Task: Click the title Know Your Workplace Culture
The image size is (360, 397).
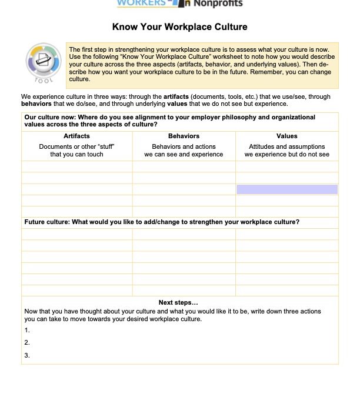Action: (x=179, y=27)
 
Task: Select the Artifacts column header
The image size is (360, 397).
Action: (x=76, y=136)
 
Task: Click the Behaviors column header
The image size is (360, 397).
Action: (x=184, y=136)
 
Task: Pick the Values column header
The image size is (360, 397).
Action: (x=286, y=136)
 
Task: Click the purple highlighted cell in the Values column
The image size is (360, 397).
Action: (x=287, y=189)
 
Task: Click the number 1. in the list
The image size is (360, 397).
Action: (x=27, y=330)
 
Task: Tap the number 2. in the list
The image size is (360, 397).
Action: (x=27, y=342)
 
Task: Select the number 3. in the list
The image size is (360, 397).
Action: (x=27, y=355)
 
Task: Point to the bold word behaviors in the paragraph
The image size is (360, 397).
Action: (x=36, y=104)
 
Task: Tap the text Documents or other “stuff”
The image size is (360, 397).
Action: (x=76, y=146)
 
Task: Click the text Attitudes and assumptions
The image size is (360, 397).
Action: (x=286, y=146)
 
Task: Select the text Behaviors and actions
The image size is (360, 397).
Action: (x=184, y=146)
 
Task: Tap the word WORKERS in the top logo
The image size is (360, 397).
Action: (x=141, y=3)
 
